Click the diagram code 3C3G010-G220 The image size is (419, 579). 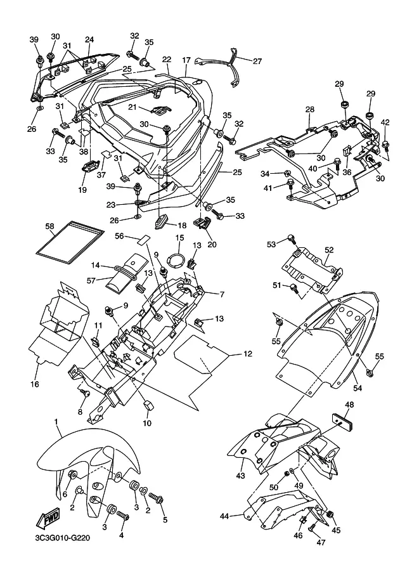60,538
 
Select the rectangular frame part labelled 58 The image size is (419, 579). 70,242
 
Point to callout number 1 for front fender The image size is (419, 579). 56,422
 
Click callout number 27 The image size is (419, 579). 257,62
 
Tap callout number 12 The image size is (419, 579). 248,354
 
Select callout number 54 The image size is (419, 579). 358,388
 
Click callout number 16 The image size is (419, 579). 34,384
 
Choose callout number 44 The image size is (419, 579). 224,516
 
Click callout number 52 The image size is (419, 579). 329,250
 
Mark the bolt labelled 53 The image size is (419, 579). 292,239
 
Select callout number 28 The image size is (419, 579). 310,109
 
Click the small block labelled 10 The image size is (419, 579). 148,405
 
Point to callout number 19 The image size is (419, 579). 82,190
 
